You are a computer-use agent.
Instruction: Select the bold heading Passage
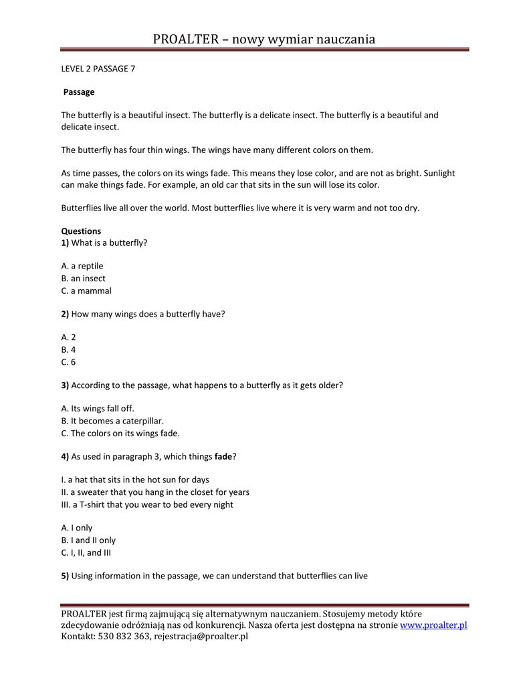[x=79, y=92]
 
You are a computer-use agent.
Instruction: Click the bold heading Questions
[x=81, y=231]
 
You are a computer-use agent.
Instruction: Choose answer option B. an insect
[x=84, y=278]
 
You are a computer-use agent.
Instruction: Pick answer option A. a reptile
[x=82, y=266]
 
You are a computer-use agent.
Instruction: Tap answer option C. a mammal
[x=86, y=291]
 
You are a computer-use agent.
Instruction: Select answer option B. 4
[x=68, y=349]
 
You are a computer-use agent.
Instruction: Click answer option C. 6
[x=68, y=362]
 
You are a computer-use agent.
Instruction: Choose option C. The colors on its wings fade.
[x=120, y=433]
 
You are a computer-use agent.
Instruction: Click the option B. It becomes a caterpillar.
[x=112, y=421]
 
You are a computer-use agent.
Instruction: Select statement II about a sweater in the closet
[x=155, y=492]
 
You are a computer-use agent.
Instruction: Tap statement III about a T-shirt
[x=147, y=504]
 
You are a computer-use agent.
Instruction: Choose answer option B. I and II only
[x=88, y=540]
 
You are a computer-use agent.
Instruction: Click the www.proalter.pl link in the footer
[x=433, y=625]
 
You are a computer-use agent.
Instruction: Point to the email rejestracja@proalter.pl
[x=201, y=637]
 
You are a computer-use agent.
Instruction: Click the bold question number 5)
[x=66, y=575]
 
